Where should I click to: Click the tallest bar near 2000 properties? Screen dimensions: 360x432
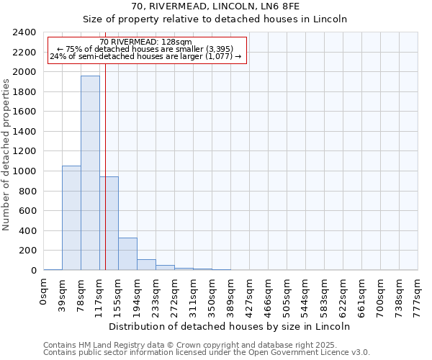(90, 173)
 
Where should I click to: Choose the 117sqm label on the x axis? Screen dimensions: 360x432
(100, 293)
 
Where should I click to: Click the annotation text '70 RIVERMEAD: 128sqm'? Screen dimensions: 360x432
(146, 42)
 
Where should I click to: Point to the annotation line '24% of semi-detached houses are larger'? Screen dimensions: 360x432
(146, 57)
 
